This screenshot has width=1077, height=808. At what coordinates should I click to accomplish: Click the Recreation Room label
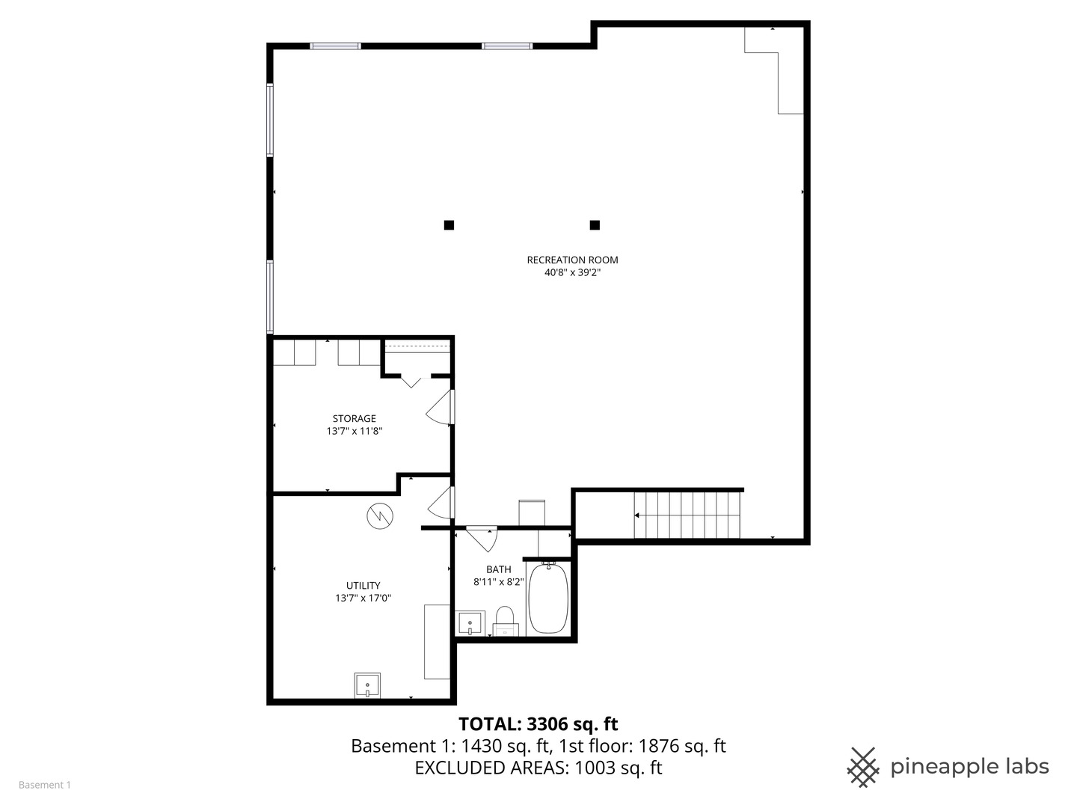[572, 260]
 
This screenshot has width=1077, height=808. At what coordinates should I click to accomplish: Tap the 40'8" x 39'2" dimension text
[572, 273]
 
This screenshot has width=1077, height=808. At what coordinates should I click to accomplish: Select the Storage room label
[354, 419]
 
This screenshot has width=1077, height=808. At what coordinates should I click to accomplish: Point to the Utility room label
[363, 586]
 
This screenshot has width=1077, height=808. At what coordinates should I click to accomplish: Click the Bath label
[498, 569]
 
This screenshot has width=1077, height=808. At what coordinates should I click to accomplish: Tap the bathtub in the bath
[548, 599]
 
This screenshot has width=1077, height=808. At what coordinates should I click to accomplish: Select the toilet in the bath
[506, 620]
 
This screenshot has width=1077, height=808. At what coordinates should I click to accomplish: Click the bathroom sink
[470, 623]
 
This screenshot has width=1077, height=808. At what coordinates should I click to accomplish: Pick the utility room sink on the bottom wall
[367, 685]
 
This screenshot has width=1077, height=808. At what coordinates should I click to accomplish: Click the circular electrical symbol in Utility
[379, 515]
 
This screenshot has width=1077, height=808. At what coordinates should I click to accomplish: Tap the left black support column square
[449, 224]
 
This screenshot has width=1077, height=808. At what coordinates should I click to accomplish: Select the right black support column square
[595, 224]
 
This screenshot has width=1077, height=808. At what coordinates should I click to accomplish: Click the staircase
[687, 515]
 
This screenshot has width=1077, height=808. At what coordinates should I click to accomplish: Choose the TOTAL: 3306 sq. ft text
[538, 724]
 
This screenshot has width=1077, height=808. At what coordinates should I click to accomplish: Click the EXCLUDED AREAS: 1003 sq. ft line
[538, 768]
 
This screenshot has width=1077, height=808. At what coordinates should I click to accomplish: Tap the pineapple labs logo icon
[863, 767]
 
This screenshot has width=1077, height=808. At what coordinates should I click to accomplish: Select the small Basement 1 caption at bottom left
[45, 785]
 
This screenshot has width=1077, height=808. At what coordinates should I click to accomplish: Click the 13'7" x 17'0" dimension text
[363, 599]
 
